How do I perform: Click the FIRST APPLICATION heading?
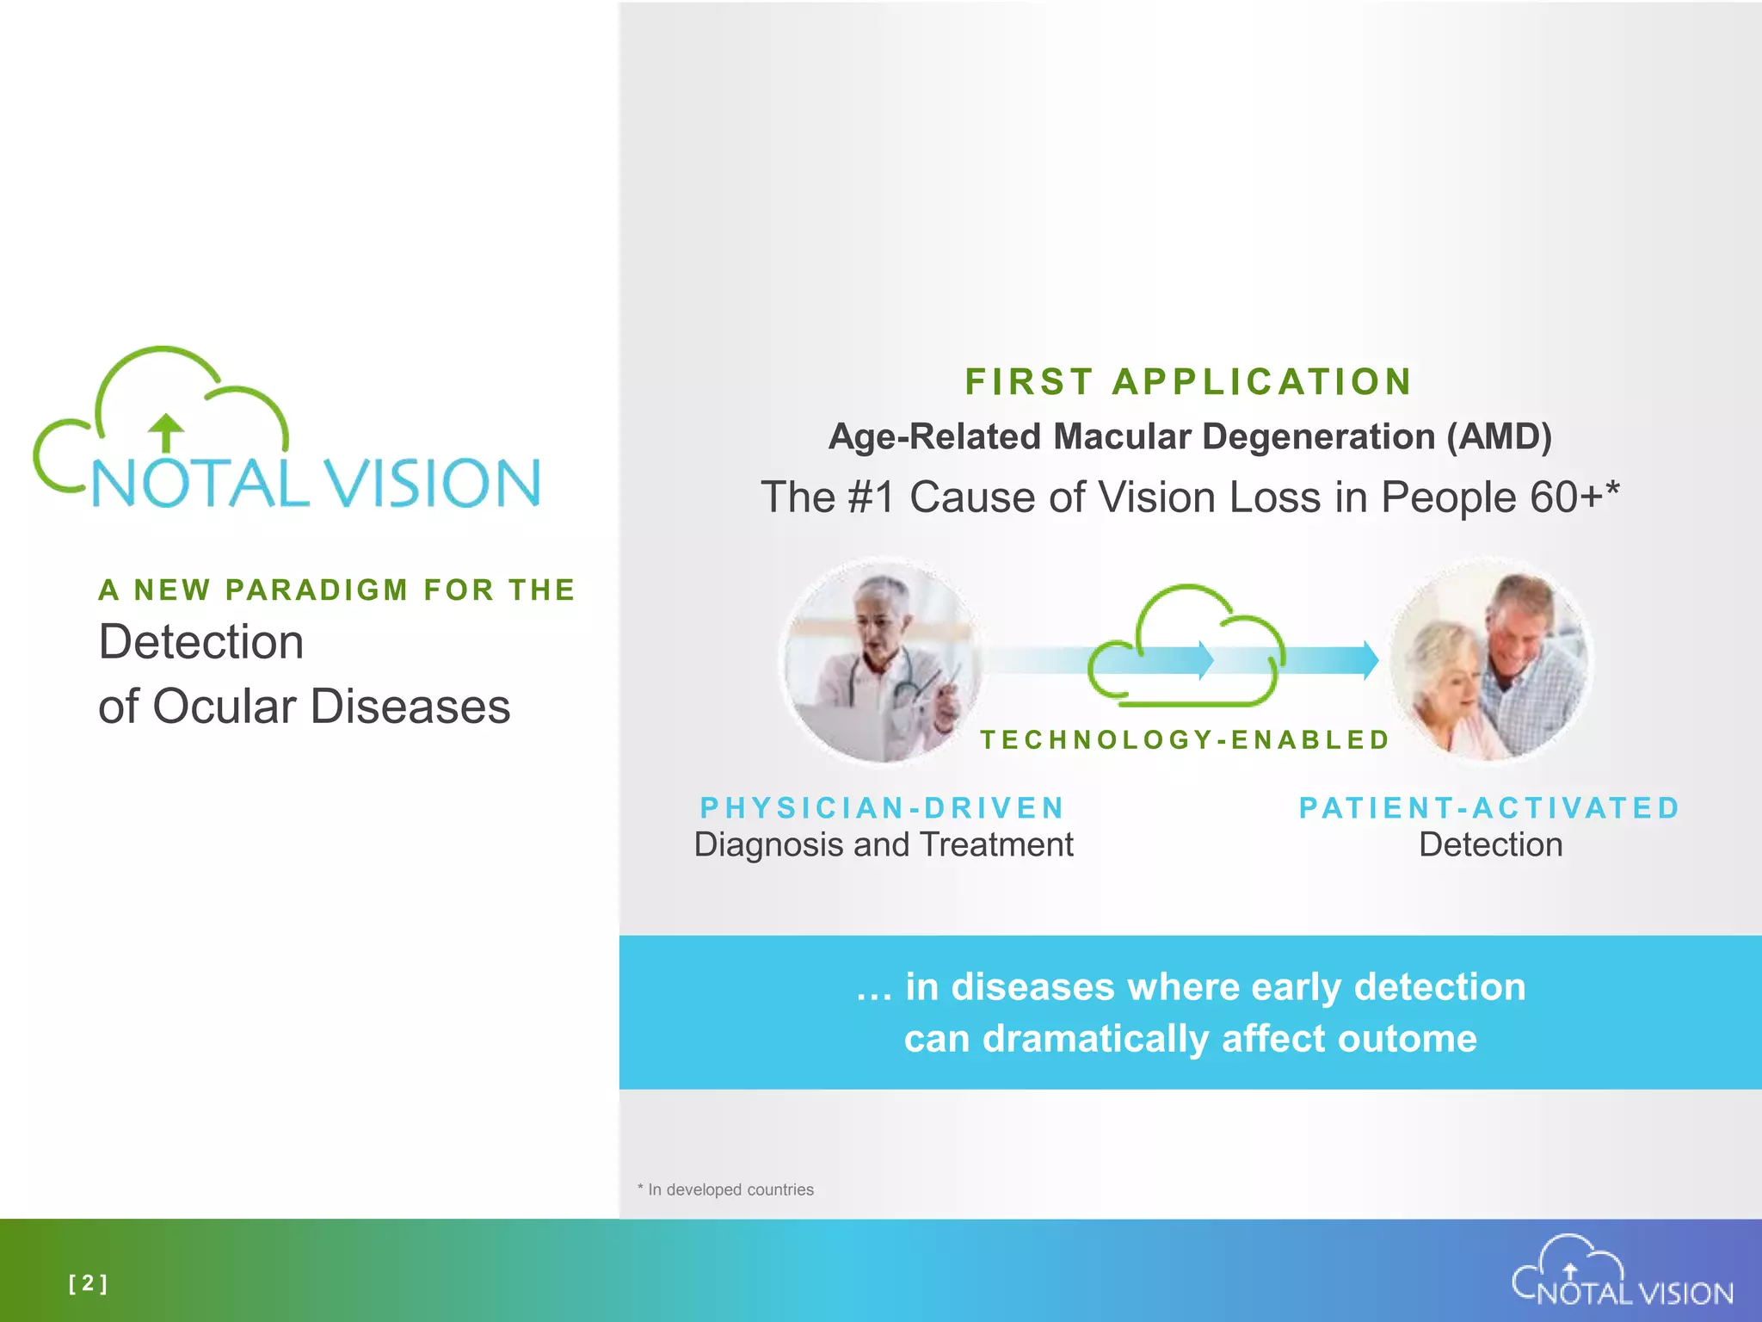1188,382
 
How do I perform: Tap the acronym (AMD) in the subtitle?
1499,436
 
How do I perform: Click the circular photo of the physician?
881,661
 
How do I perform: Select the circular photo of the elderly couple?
1491,661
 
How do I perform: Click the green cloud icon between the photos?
1186,646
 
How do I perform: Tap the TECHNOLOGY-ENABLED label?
1186,739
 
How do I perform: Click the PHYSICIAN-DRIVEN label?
883,807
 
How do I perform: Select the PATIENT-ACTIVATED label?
1489,807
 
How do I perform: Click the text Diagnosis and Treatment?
884,844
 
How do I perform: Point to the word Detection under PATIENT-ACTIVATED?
1490,844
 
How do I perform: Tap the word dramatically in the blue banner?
1098,1039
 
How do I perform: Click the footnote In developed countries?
730,1189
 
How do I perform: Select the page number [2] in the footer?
88,1283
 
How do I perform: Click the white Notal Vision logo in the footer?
1622,1273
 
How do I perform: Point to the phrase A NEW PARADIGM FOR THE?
336,590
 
